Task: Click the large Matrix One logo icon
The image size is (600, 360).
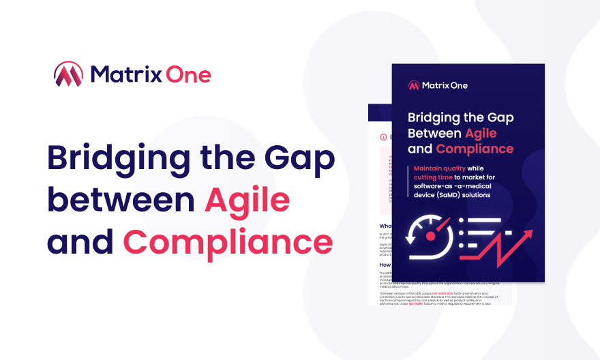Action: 68,74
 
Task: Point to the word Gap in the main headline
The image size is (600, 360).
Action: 304,160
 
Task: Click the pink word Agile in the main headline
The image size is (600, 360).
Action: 247,201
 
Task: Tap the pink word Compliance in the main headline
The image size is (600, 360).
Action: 228,242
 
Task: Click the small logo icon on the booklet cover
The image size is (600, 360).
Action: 414,86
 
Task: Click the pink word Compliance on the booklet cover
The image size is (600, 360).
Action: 475,149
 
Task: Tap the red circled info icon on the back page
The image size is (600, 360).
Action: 383,136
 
